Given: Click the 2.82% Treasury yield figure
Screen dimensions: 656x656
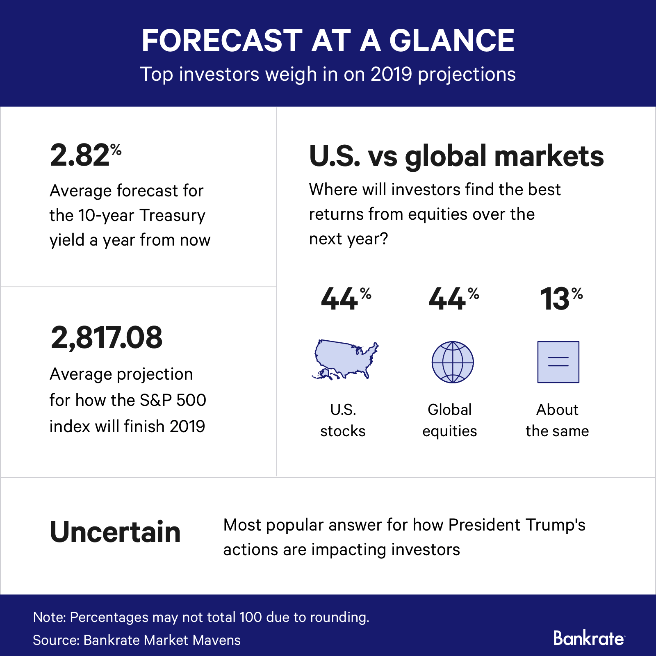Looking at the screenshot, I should click(x=85, y=155).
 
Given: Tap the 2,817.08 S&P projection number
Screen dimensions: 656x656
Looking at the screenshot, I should click(x=107, y=337).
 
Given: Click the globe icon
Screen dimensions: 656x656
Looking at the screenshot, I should click(x=453, y=362).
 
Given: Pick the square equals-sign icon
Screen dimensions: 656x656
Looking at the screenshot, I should click(x=558, y=362).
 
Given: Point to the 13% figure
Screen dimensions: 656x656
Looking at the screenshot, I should click(x=560, y=298).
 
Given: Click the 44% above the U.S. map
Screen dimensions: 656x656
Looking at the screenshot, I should click(x=346, y=298).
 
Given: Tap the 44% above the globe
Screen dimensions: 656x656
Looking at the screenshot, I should click(x=453, y=298).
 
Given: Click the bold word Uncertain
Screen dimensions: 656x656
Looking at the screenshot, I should click(x=115, y=532).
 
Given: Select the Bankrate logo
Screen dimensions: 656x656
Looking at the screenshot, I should click(x=589, y=638).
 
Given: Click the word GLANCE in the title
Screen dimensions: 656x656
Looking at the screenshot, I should click(x=451, y=41).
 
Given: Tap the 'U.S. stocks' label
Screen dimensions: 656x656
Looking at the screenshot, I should click(x=343, y=420).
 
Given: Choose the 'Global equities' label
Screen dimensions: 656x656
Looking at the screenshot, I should click(x=450, y=420).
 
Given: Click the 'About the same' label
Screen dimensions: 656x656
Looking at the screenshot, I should click(x=557, y=420).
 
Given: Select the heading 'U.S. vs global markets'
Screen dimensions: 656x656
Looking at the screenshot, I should click(x=456, y=156).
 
